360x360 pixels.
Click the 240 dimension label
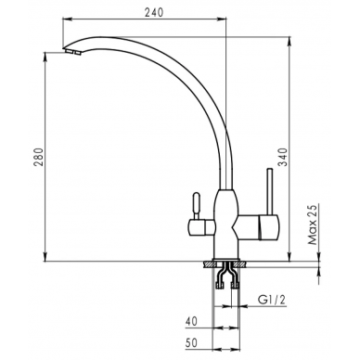coord(153,12)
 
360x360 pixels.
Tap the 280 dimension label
coord(39,157)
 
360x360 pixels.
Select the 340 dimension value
coord(282,157)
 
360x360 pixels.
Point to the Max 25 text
coord(313,225)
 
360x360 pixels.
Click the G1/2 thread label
coord(272,300)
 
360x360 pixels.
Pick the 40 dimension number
coord(191,321)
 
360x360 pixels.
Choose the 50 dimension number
coord(191,342)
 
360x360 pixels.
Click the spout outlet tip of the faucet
coord(72,52)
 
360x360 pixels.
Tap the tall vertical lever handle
coord(270,192)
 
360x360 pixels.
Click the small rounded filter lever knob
coord(196,205)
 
